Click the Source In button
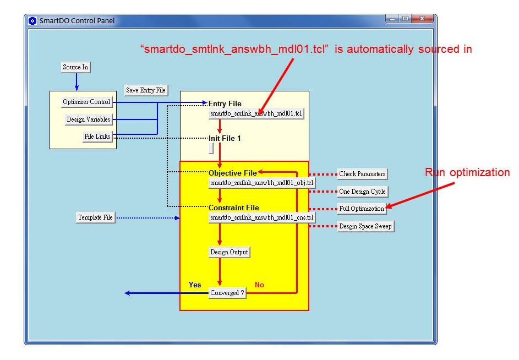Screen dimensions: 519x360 pos(76,67)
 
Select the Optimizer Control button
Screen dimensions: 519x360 pos(87,102)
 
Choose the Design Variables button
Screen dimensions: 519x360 pos(89,119)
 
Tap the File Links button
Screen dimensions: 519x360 pos(97,137)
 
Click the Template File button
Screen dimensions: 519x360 pos(96,217)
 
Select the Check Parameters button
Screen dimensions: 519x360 pos(363,174)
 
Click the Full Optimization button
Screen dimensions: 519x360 pos(362,209)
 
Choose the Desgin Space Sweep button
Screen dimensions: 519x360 pos(365,226)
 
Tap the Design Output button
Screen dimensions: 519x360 pos(229,252)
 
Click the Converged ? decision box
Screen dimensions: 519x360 pos(227,293)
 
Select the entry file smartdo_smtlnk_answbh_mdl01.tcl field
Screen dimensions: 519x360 pos(256,113)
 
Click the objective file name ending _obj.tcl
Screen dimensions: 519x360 pos(262,183)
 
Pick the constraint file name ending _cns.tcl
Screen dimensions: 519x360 pos(262,217)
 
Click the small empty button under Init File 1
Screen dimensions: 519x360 pos(211,149)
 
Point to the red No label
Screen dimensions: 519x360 pos(260,285)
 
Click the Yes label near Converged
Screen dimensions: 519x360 pos(195,285)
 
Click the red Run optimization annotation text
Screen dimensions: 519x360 pos(467,172)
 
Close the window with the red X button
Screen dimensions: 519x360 pos(422,19)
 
